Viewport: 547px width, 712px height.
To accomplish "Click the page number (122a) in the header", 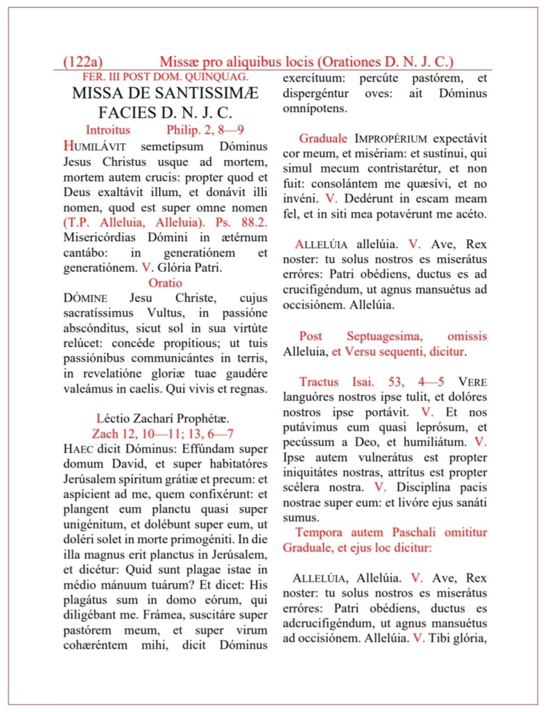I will tap(83, 62).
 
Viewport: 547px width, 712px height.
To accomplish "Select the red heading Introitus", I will tap(108, 129).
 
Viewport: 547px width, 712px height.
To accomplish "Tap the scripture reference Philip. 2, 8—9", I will tap(205, 129).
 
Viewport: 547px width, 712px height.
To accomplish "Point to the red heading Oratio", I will tap(165, 283).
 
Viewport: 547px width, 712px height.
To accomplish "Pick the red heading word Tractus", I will tap(319, 382).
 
